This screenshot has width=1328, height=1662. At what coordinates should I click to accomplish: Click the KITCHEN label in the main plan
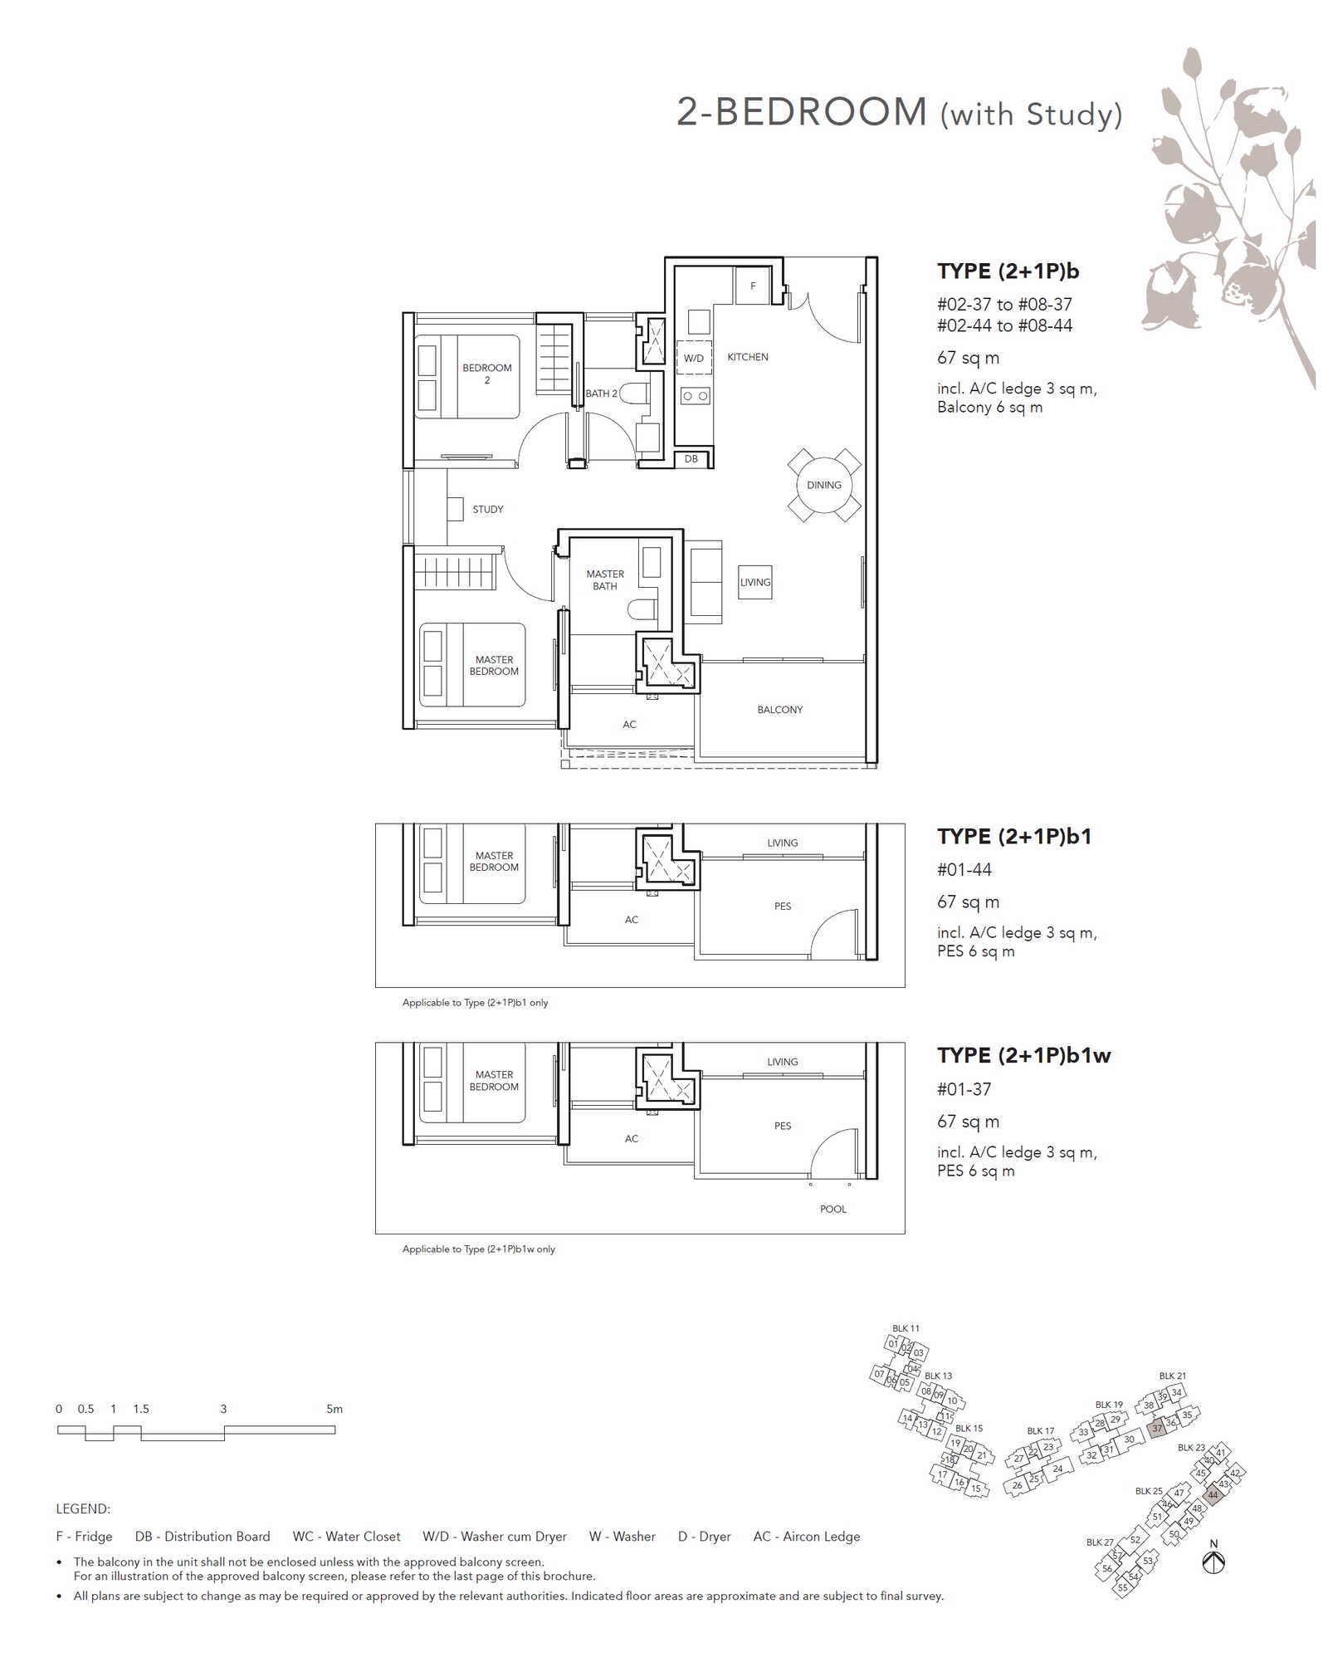747,357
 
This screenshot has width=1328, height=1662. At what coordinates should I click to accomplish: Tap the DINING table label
823,485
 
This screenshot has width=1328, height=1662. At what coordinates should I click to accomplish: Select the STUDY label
488,510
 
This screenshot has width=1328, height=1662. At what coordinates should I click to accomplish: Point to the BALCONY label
779,710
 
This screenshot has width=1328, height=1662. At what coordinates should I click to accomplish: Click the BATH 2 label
601,394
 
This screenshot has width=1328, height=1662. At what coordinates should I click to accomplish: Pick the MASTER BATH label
605,580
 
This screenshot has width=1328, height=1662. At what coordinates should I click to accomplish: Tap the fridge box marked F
753,286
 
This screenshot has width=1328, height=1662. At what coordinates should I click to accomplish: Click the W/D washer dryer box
694,358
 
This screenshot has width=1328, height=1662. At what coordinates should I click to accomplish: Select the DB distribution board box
691,458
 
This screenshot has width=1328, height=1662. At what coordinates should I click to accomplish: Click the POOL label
833,1209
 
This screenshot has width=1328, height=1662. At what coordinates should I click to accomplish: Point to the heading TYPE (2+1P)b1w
1023,1055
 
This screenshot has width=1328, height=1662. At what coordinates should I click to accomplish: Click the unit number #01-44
964,870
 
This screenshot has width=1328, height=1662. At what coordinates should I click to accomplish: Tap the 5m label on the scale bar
334,1409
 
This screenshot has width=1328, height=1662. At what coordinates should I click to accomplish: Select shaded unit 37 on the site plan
1157,1429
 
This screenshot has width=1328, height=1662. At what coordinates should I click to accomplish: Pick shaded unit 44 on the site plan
1213,1494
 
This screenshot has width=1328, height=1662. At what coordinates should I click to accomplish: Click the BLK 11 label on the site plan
906,1328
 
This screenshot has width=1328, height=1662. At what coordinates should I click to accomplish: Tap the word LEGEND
83,1508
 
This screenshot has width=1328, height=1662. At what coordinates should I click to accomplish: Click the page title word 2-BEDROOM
802,111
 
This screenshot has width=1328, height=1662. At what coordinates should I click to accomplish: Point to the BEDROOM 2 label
487,374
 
